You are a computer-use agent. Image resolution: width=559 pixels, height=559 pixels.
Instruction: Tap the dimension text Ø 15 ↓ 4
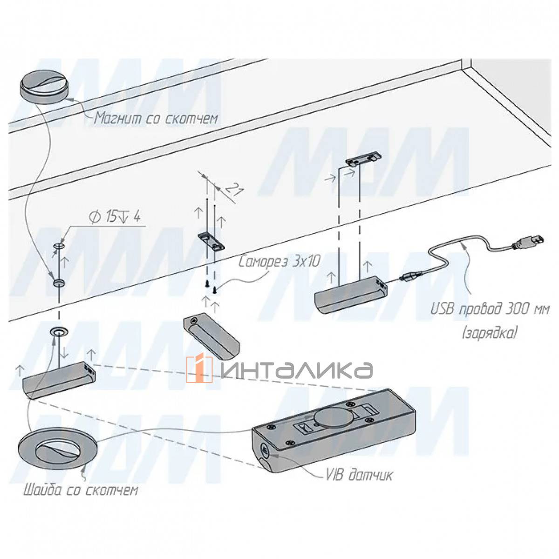tap(114, 218)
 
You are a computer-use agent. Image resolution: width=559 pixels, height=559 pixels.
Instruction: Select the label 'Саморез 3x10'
tap(279, 262)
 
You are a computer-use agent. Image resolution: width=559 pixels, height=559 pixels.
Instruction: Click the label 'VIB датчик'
tap(358, 475)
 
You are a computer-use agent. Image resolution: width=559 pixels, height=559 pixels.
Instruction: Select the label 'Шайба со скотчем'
tap(80, 491)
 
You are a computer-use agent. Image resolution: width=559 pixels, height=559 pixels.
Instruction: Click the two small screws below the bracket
tap(210, 287)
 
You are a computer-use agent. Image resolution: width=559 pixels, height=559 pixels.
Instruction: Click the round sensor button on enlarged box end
tap(264, 450)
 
